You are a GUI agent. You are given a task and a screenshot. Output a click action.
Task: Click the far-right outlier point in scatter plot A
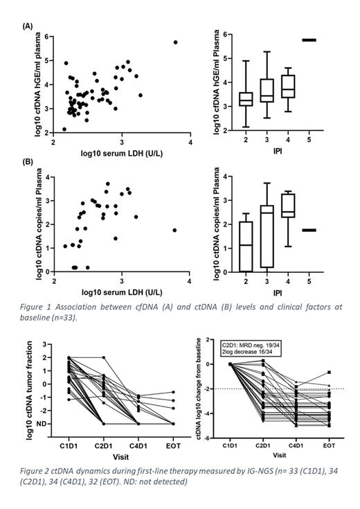click(175, 42)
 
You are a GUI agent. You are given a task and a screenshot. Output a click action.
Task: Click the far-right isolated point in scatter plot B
click(175, 230)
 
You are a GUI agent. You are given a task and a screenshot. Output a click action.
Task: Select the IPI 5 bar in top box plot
click(309, 40)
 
